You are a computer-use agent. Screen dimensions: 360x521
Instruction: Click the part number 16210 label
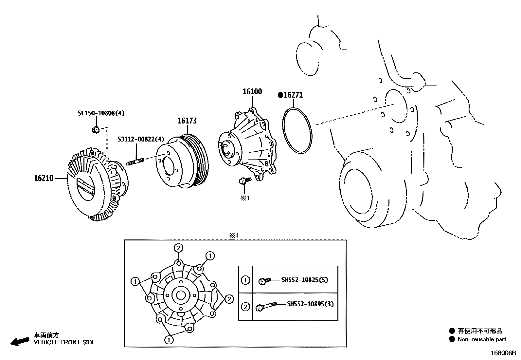click(x=44, y=179)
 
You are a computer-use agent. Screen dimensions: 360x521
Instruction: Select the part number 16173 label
click(x=187, y=121)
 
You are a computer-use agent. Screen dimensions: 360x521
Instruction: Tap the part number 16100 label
click(x=252, y=92)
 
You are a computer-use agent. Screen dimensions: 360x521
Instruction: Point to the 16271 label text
click(x=293, y=95)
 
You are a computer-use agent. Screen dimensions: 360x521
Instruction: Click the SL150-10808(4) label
click(x=101, y=113)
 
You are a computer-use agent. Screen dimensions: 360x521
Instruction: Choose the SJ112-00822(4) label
click(x=141, y=139)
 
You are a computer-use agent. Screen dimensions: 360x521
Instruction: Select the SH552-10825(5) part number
click(x=304, y=280)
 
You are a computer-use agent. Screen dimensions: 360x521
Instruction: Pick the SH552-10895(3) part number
click(x=310, y=304)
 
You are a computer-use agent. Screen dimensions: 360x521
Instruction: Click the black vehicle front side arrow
click(x=19, y=341)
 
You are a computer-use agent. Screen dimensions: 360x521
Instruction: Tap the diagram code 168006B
click(x=503, y=353)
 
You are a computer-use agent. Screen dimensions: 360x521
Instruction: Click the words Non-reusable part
click(x=482, y=340)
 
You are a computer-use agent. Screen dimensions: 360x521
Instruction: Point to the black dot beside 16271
click(x=280, y=95)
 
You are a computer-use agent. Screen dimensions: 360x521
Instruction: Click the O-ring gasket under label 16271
click(x=297, y=130)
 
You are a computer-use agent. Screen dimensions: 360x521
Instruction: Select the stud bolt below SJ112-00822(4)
click(x=135, y=161)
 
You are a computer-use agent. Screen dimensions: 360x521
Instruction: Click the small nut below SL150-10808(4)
click(x=96, y=130)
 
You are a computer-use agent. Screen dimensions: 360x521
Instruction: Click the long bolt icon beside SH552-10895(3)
click(x=266, y=306)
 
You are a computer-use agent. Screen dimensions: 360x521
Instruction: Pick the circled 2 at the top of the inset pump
click(x=178, y=248)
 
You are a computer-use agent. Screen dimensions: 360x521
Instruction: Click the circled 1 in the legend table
click(x=245, y=280)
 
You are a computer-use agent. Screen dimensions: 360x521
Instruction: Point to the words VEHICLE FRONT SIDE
click(x=65, y=342)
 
